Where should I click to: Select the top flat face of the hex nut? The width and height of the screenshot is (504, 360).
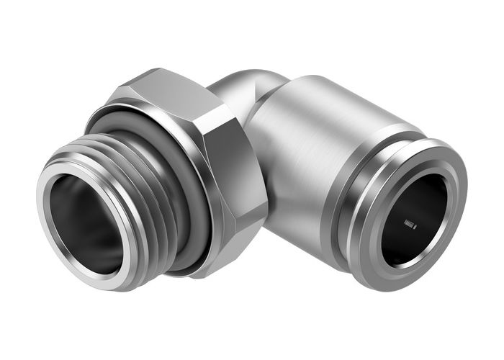(162, 90)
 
